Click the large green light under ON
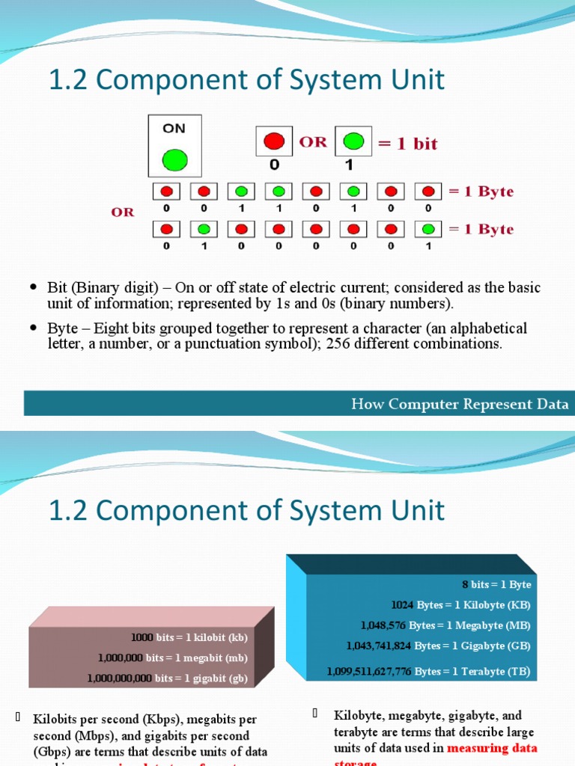point(174,159)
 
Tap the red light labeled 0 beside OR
point(275,141)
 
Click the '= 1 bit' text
point(407,144)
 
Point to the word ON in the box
point(174,128)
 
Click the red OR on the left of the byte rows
point(123,212)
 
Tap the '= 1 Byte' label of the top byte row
point(481,191)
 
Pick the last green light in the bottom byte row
point(428,228)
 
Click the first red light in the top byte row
point(166,191)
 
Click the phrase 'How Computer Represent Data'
point(460,405)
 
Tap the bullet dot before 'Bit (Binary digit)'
point(32,288)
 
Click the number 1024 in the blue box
point(403,604)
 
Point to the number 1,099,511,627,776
point(369,672)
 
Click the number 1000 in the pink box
point(142,637)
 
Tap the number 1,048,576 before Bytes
point(383,625)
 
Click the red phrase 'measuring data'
point(492,748)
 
